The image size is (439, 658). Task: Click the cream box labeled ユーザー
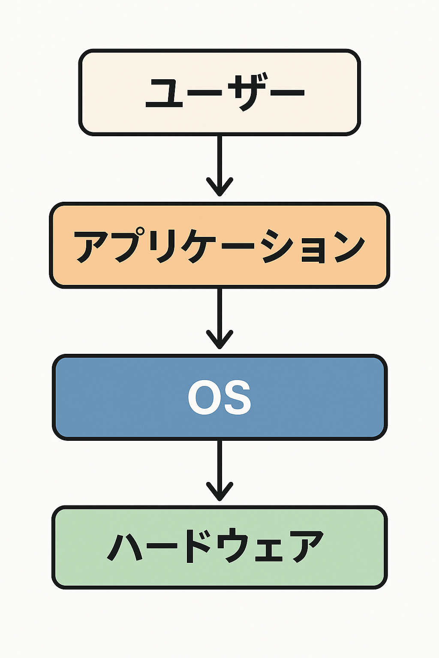[x=219, y=92]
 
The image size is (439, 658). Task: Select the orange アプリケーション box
[x=219, y=245]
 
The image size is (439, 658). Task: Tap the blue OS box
[x=219, y=397]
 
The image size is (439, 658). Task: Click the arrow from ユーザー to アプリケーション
[x=219, y=166]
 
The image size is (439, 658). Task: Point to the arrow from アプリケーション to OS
[x=219, y=319]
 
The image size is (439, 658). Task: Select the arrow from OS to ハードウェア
[x=219, y=471]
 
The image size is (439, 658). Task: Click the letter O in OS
[x=203, y=398]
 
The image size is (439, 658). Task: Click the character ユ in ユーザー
[x=164, y=93]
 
